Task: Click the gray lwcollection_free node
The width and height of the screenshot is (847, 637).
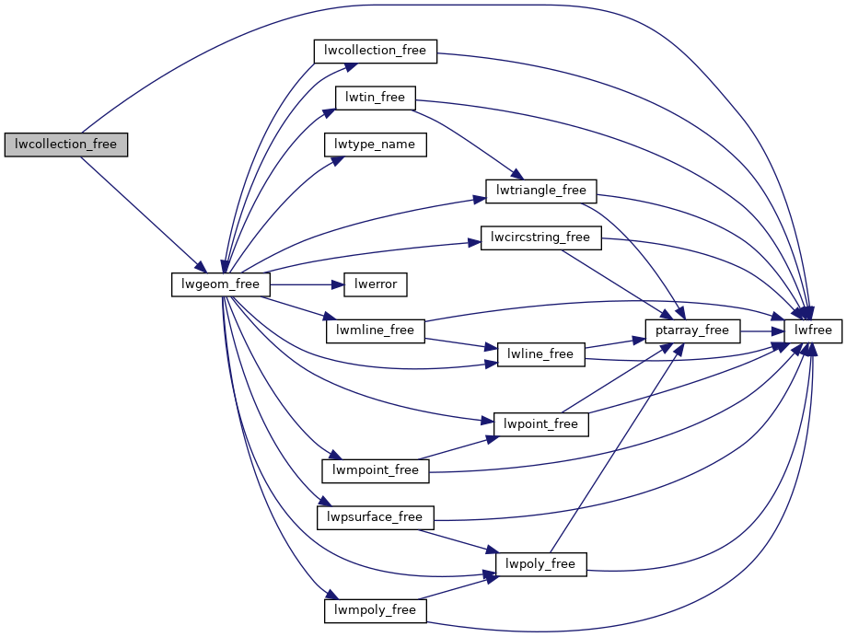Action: pyautogui.click(x=65, y=145)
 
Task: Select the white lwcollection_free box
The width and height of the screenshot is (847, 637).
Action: pyautogui.click(x=374, y=51)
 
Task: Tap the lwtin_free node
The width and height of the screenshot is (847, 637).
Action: pyautogui.click(x=375, y=97)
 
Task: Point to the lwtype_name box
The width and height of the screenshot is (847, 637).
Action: pyautogui.click(x=375, y=145)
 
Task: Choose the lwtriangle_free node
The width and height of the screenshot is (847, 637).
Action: pyautogui.click(x=541, y=191)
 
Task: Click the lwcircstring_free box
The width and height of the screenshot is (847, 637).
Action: pyautogui.click(x=540, y=237)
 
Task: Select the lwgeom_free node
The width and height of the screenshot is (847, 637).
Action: pyautogui.click(x=221, y=284)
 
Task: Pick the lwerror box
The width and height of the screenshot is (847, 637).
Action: pyautogui.click(x=375, y=284)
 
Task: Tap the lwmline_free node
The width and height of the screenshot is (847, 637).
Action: pyautogui.click(x=375, y=330)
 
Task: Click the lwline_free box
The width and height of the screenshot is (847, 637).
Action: pyautogui.click(x=540, y=354)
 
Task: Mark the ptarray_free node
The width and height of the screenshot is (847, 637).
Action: pyautogui.click(x=692, y=330)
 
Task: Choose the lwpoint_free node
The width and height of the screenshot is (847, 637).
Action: pyautogui.click(x=540, y=424)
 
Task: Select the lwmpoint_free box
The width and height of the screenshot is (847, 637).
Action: pyautogui.click(x=375, y=470)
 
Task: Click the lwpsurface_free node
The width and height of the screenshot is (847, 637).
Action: pyautogui.click(x=375, y=517)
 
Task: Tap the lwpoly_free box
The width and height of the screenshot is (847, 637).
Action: pyautogui.click(x=540, y=564)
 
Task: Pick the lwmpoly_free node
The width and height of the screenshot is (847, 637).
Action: pyautogui.click(x=375, y=610)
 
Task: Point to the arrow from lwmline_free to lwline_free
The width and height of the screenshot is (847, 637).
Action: pyautogui.click(x=460, y=343)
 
